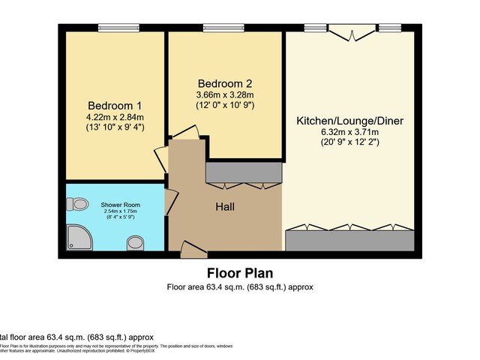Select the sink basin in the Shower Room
136,242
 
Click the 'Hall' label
226,205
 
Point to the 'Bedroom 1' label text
114,105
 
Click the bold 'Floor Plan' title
240,273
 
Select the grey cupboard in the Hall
243,173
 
